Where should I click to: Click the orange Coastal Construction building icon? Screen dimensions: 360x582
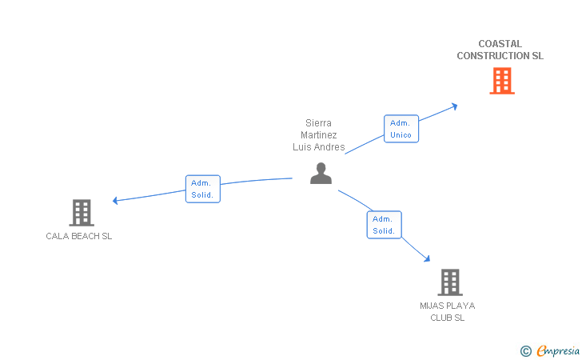click(501, 81)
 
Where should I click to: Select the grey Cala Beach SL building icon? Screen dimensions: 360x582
click(81, 213)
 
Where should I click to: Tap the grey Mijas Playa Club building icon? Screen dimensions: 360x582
click(449, 282)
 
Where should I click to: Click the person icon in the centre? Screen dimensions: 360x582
click(321, 174)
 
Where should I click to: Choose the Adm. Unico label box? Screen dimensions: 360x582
click(401, 129)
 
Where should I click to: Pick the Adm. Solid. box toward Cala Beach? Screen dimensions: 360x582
click(202, 190)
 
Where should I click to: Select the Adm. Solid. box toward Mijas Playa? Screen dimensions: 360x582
click(384, 225)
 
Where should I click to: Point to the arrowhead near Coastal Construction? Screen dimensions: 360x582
click(454, 105)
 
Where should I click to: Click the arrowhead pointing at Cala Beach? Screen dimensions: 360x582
click(116, 200)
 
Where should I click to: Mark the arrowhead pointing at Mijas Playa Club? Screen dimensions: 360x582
click(427, 258)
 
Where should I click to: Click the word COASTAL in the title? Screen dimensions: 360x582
click(500, 44)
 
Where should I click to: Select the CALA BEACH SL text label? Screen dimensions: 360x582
click(79, 236)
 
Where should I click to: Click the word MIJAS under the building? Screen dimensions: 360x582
click(433, 306)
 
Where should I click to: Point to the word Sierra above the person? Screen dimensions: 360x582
click(318, 123)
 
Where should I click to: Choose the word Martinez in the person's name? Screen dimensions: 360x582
click(318, 135)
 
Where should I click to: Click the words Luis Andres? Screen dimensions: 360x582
click(318, 147)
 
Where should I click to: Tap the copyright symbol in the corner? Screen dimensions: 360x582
click(525, 350)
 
